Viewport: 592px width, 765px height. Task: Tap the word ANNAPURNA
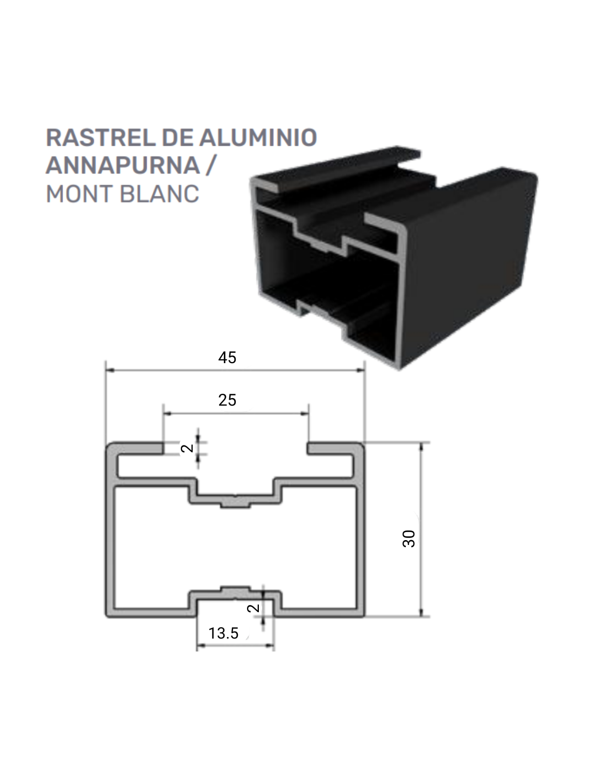[123, 165]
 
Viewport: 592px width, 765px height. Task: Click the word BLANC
[159, 194]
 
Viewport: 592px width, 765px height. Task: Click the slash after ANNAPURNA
[210, 165]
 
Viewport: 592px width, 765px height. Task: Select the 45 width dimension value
[227, 358]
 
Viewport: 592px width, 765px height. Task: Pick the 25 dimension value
[227, 400]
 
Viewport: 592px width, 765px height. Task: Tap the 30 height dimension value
[409, 539]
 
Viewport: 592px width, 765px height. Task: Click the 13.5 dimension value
[223, 633]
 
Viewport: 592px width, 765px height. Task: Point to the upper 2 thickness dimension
[187, 448]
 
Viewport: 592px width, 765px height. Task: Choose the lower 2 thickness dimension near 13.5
[253, 608]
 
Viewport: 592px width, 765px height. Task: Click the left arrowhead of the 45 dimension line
[110, 370]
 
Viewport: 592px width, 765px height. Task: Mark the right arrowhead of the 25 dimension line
[305, 414]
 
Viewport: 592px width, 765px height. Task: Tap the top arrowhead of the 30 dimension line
[421, 447]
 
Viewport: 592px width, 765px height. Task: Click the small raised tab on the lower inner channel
[235, 588]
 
